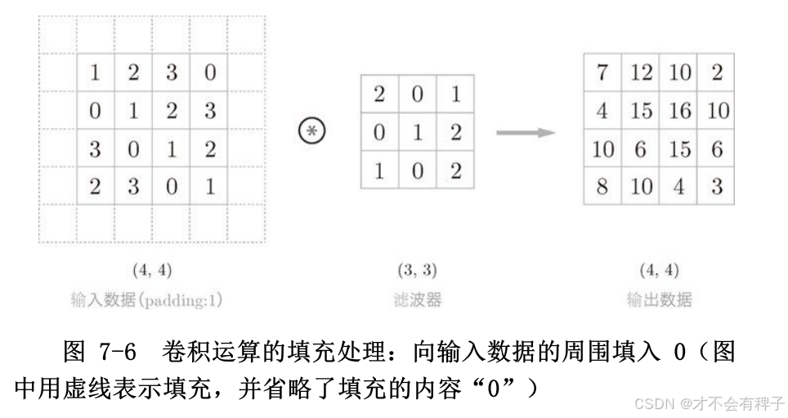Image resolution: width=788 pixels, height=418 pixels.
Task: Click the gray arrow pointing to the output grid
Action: coord(526,132)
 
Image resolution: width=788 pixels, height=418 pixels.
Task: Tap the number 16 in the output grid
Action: coord(679,111)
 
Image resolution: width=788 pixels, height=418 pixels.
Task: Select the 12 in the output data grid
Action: coord(641,73)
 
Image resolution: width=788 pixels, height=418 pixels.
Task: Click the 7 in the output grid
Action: coord(602,73)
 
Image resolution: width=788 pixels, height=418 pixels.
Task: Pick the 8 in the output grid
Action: coord(602,187)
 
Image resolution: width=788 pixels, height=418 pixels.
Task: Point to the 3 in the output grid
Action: coord(717,187)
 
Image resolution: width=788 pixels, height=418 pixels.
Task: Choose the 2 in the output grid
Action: coord(717,73)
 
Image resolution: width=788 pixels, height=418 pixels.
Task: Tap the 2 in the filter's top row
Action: coord(379,94)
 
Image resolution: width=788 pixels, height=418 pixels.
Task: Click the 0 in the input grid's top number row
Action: coord(210,73)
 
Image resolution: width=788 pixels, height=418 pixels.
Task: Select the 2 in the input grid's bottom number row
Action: coord(96,187)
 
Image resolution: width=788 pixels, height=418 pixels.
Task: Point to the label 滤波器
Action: coord(417,300)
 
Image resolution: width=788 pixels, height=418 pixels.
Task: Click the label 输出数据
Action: coord(659,300)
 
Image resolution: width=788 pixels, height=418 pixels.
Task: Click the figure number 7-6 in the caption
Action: coord(116,353)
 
